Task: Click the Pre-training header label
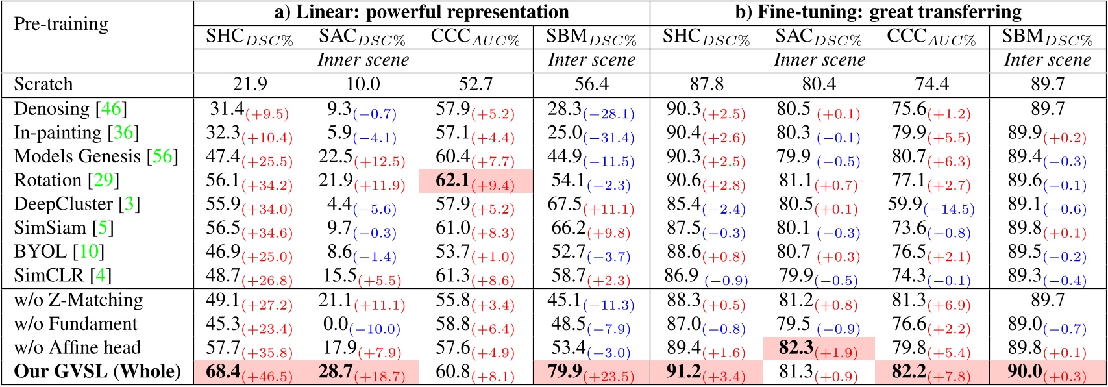point(61,24)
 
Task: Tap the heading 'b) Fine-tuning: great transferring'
point(878,12)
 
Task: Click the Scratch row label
point(43,84)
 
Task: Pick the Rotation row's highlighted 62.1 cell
point(453,180)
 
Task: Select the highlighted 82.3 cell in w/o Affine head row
point(796,347)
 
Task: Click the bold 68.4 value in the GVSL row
point(223,371)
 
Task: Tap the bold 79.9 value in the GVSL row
point(564,371)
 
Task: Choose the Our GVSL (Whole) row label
point(97,371)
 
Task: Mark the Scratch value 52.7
point(475,84)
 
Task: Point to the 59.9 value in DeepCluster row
point(905,204)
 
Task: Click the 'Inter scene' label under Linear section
point(591,60)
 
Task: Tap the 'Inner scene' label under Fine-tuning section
point(819,60)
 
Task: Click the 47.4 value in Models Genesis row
point(223,156)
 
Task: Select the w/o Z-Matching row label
point(78,300)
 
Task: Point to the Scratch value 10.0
point(363,84)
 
